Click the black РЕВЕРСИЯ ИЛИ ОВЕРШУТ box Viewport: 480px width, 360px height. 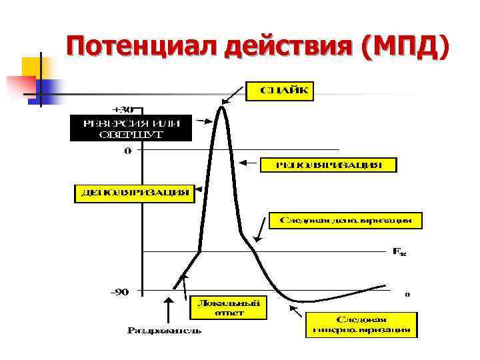coord(131,127)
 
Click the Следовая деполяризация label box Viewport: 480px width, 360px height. coord(345,220)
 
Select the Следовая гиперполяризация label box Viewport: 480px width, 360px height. coord(363,324)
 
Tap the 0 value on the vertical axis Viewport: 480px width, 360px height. coord(127,151)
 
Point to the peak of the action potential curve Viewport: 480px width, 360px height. coord(223,108)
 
